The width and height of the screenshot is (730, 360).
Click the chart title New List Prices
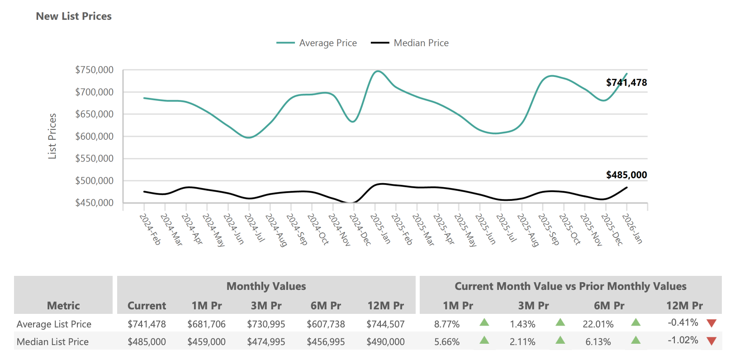74,16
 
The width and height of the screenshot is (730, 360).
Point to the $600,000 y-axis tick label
94,136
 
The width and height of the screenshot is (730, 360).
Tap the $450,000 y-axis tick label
94,203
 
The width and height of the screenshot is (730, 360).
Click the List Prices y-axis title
52,136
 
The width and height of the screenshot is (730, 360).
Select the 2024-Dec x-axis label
360,230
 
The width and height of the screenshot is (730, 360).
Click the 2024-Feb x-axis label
150,229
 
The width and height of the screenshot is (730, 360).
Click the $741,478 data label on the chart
626,83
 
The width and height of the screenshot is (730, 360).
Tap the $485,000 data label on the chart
626,175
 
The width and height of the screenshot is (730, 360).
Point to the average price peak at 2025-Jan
378,71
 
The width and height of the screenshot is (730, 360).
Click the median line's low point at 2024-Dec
353,202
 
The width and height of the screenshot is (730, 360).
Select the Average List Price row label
54,324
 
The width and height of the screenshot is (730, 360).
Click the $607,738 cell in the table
326,324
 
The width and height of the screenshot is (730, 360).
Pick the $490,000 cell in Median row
385,342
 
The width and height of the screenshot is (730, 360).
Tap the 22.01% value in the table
598,324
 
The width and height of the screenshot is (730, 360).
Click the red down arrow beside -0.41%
711,323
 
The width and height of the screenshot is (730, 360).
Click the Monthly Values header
266,286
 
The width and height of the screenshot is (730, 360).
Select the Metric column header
63,306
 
